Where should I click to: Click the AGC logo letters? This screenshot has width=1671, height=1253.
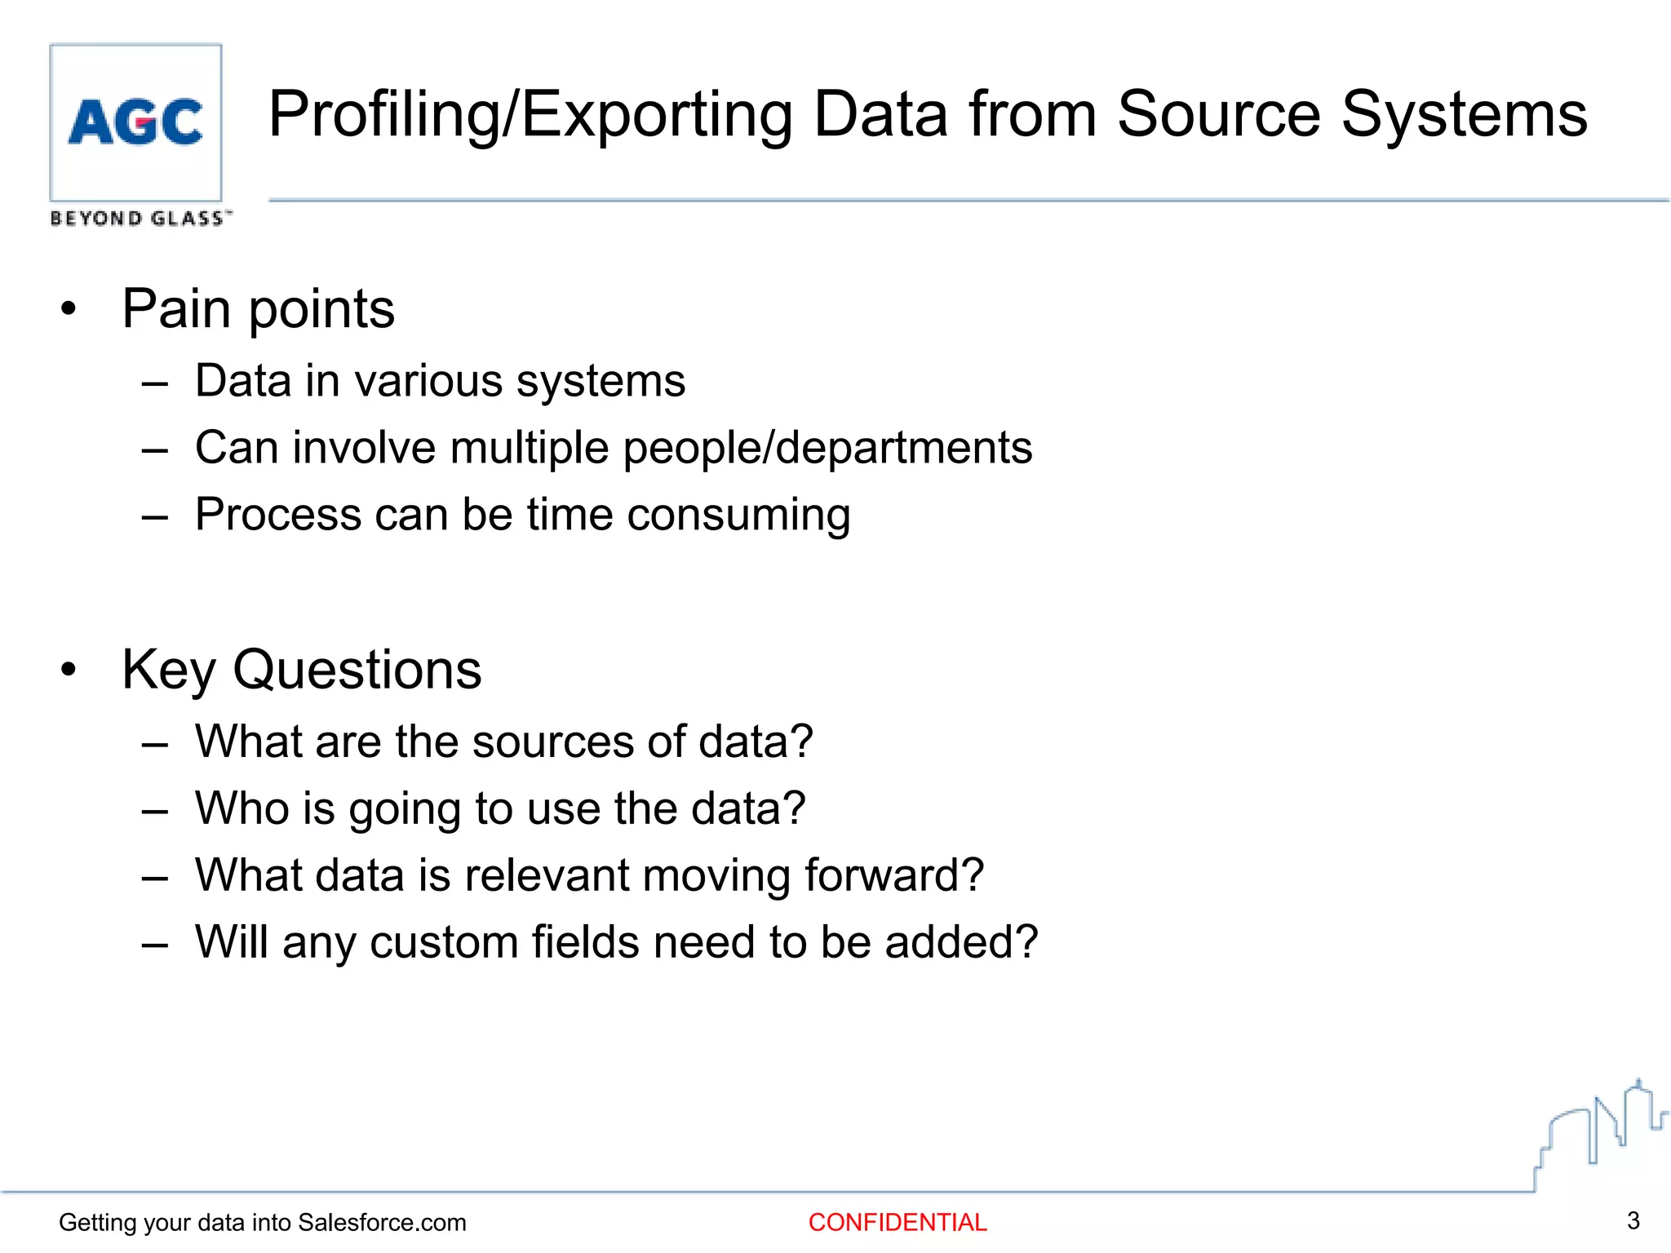(x=135, y=122)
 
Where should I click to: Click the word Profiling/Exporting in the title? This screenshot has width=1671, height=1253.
(x=530, y=114)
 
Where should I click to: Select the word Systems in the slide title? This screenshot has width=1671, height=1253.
(x=1464, y=114)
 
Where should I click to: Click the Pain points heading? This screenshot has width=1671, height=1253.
(x=258, y=309)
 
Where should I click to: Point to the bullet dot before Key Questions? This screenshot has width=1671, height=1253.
(x=69, y=670)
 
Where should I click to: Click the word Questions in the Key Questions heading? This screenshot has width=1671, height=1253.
(x=357, y=670)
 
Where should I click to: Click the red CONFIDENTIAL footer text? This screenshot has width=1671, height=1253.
(x=898, y=1222)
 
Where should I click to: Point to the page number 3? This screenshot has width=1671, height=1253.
(x=1633, y=1220)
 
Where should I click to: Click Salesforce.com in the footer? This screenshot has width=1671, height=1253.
(x=382, y=1222)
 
